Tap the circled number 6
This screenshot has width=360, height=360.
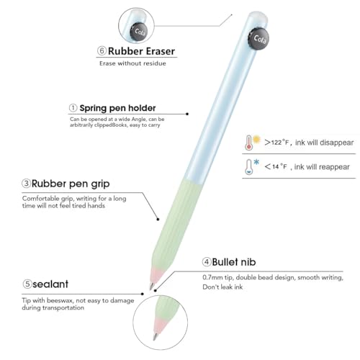102,50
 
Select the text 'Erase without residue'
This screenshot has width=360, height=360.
132,63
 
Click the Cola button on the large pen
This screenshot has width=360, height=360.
258,39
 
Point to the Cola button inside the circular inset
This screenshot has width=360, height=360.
139,32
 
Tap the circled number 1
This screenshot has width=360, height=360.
73,108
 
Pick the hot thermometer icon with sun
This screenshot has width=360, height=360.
253,143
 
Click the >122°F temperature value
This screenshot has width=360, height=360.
276,143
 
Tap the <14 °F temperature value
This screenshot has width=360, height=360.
276,166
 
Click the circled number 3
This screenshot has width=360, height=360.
27,184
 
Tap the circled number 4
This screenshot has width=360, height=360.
207,262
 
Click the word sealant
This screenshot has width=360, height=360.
50,284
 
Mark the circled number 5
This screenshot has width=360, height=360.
27,284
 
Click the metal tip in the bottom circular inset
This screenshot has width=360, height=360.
156,336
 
